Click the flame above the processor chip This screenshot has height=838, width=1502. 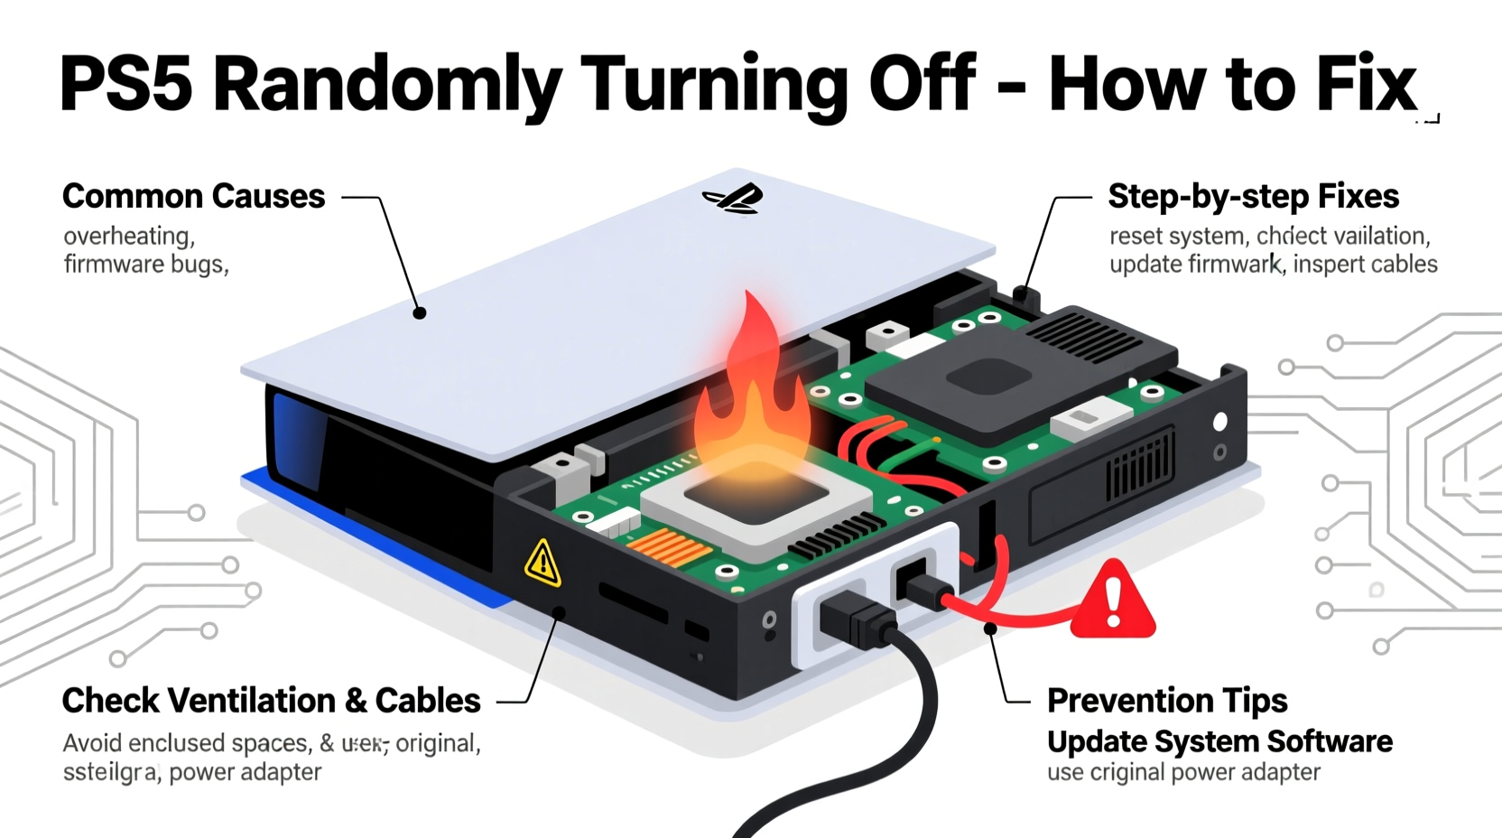(749, 388)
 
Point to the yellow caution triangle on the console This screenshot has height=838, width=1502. (542, 563)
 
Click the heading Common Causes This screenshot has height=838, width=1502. (193, 196)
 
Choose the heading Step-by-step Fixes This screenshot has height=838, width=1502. (1253, 196)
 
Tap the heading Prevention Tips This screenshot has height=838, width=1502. (1166, 701)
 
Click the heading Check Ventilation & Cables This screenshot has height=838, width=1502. (271, 701)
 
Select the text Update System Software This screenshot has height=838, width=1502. (1219, 741)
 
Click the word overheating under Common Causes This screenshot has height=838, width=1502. (128, 236)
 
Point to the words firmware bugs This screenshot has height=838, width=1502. (144, 265)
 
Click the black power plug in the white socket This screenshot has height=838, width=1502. (858, 623)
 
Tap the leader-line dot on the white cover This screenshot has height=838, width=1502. (419, 313)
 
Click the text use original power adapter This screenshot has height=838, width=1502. (1182, 773)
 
